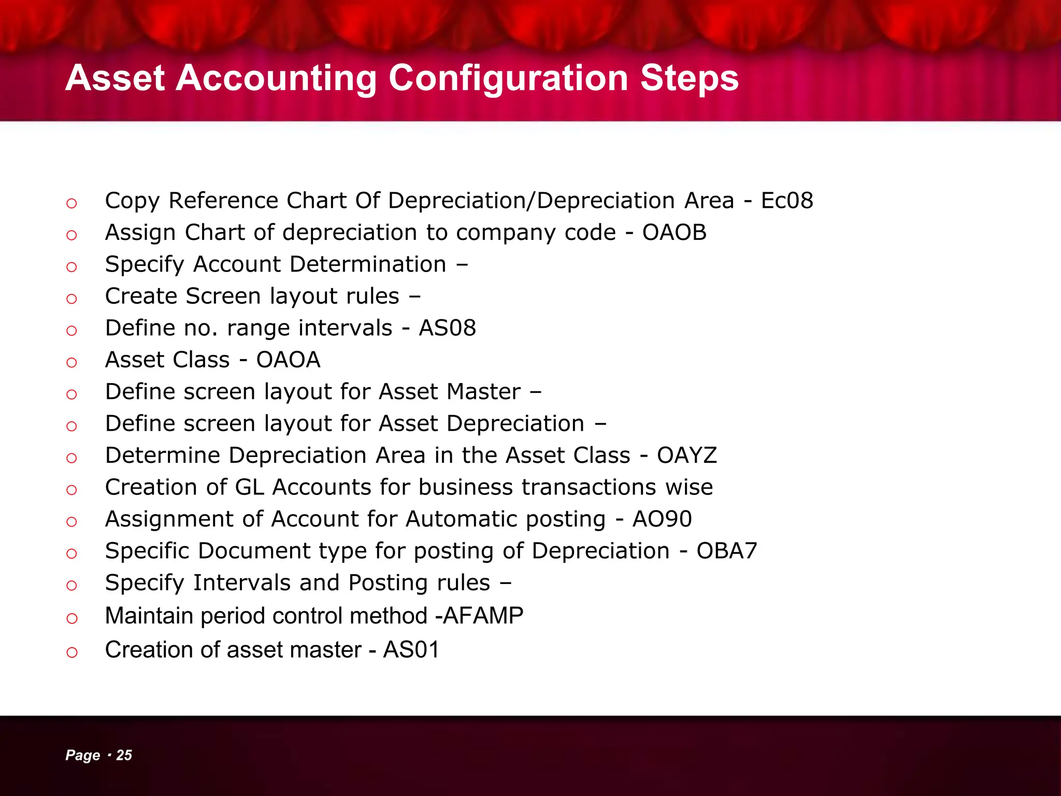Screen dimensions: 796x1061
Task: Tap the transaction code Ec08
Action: tap(786, 201)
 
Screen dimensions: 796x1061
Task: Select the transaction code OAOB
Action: tap(674, 233)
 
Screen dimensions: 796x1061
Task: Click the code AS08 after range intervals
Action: tap(447, 328)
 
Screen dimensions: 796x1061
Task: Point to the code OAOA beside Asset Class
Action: tap(288, 360)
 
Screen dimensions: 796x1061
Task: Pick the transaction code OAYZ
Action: tap(686, 456)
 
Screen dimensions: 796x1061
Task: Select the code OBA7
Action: tap(726, 551)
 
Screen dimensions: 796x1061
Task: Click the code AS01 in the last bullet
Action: tap(411, 650)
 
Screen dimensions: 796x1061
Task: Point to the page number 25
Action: tap(124, 755)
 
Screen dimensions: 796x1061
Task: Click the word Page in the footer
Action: tap(82, 756)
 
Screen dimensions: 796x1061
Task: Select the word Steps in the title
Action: tap(689, 79)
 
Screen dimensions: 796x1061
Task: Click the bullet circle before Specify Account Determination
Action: tap(71, 267)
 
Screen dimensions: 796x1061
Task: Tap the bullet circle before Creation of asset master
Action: tap(71, 652)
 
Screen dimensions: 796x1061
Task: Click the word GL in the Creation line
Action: tap(249, 488)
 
